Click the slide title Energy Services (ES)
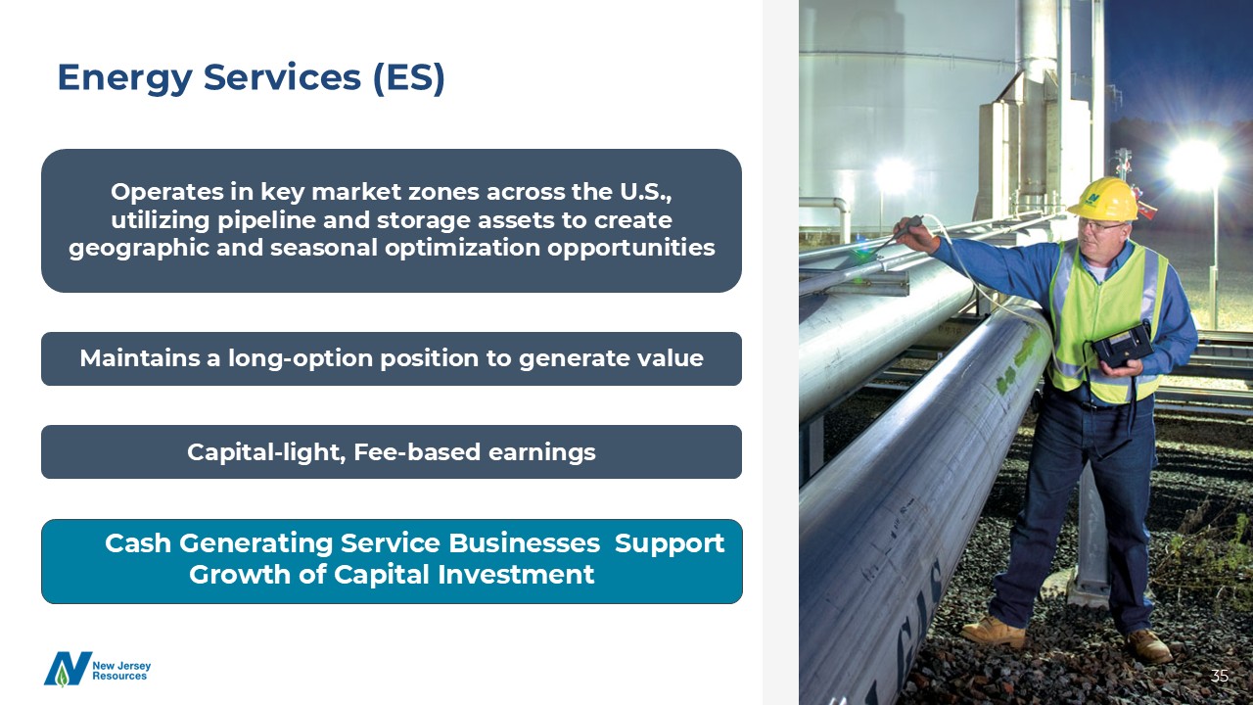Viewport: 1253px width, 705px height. [x=252, y=77]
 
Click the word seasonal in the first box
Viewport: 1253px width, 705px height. [x=323, y=248]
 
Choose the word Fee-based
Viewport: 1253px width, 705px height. [x=417, y=452]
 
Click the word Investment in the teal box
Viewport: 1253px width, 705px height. [x=516, y=575]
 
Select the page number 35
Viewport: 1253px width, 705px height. [x=1220, y=676]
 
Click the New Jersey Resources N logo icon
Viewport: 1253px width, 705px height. [x=68, y=669]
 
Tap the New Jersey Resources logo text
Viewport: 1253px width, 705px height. [x=121, y=671]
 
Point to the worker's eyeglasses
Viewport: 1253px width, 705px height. [x=1099, y=226]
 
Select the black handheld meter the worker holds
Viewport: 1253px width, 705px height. [x=1123, y=344]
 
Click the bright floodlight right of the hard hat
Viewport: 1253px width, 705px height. [x=1196, y=164]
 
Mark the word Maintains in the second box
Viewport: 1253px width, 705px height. [x=139, y=358]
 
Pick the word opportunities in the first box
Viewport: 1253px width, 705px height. [x=631, y=249]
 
